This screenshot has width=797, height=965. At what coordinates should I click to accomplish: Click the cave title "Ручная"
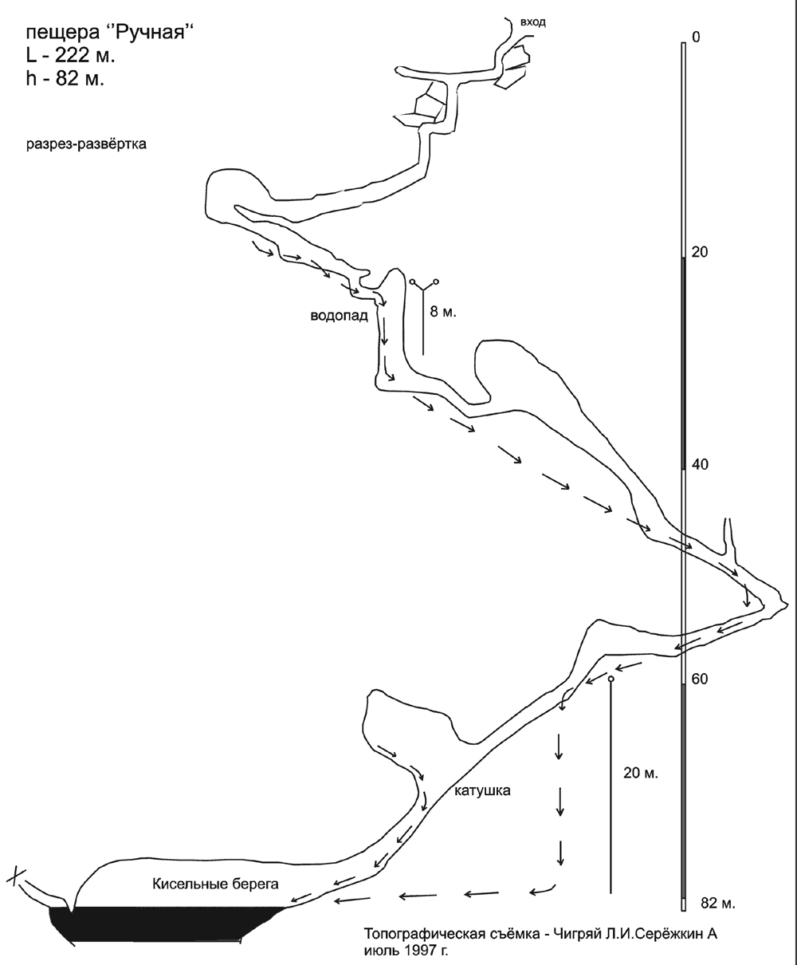[153, 33]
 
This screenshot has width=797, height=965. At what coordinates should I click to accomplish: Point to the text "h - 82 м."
[65, 79]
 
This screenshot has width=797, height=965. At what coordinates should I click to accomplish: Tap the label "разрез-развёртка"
[86, 144]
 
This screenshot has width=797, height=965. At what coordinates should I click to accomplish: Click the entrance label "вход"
[532, 22]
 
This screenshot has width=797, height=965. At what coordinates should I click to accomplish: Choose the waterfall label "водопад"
[340, 316]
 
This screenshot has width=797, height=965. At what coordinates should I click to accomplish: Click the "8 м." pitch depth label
[443, 312]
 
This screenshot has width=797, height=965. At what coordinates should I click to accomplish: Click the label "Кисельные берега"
[215, 884]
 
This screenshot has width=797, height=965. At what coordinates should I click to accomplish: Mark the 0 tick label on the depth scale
[697, 37]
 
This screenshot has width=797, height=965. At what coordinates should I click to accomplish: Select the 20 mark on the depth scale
[700, 252]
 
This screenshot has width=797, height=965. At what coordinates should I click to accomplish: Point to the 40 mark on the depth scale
[700, 464]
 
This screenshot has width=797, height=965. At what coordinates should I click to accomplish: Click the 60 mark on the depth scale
[700, 679]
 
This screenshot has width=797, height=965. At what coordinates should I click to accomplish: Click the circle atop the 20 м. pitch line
[611, 679]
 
